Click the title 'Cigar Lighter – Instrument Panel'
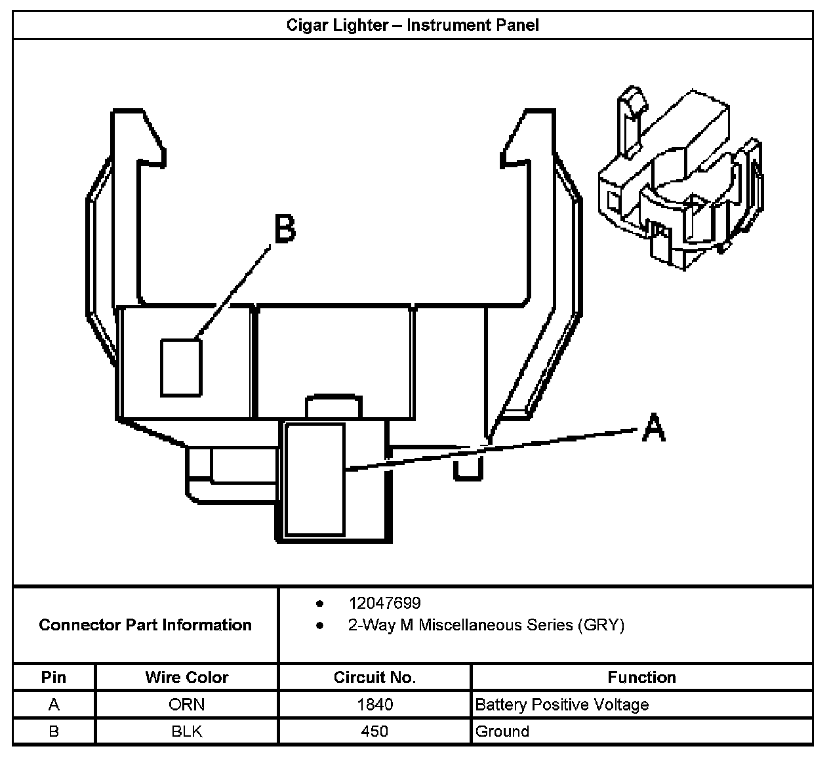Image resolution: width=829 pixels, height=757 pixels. pyautogui.click(x=413, y=26)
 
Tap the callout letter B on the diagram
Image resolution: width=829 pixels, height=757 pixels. pyautogui.click(x=284, y=230)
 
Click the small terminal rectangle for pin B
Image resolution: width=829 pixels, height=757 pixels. pyautogui.click(x=180, y=367)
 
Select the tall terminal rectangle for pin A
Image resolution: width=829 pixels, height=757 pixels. pyautogui.click(x=315, y=479)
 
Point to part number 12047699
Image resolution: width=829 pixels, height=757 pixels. pyautogui.click(x=384, y=603)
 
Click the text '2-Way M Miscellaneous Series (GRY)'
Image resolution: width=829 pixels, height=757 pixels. pyautogui.click(x=486, y=625)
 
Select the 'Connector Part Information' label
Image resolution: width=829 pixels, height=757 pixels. pyautogui.click(x=145, y=624)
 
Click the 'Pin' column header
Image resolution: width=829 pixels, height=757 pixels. pyautogui.click(x=54, y=677)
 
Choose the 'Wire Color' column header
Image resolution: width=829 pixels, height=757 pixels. pyautogui.click(x=187, y=677)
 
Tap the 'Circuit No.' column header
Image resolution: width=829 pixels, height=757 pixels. pyautogui.click(x=374, y=677)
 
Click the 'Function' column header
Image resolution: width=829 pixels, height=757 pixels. pyautogui.click(x=641, y=677)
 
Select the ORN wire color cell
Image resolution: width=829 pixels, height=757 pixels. pyautogui.click(x=187, y=705)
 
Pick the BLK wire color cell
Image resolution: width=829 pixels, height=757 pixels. pyautogui.click(x=187, y=731)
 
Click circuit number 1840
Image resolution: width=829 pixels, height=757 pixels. pyautogui.click(x=374, y=705)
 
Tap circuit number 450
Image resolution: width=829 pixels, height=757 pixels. pyautogui.click(x=374, y=731)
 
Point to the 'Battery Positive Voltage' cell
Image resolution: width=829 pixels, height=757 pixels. pyautogui.click(x=562, y=705)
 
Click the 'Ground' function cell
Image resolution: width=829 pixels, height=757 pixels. pyautogui.click(x=502, y=731)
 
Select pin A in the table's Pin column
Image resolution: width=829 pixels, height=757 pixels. pyautogui.click(x=54, y=705)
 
